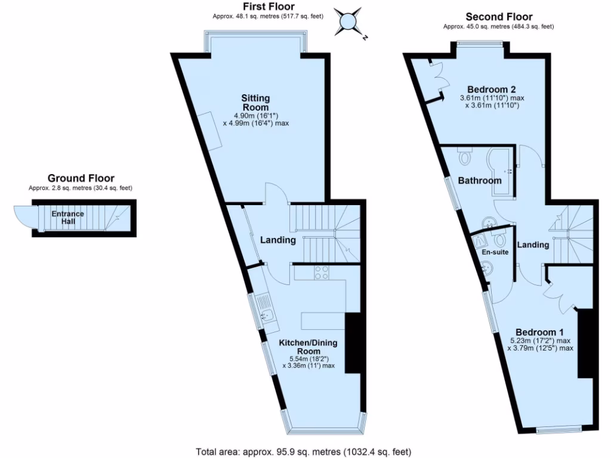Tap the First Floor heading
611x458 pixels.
(x=267, y=7)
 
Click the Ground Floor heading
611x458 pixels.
(x=81, y=178)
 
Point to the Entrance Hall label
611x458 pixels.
(x=67, y=218)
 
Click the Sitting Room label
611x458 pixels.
(x=255, y=102)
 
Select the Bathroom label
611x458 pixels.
(x=480, y=181)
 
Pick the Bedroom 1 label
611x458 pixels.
(x=539, y=332)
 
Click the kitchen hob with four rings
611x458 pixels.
(x=322, y=273)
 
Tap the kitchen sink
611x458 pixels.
(x=266, y=314)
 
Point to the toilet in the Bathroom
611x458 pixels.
(x=466, y=157)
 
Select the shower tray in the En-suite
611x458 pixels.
(x=481, y=240)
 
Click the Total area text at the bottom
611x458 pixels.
(x=304, y=451)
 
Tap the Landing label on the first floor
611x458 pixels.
(x=278, y=240)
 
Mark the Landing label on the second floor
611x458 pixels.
(x=533, y=245)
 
